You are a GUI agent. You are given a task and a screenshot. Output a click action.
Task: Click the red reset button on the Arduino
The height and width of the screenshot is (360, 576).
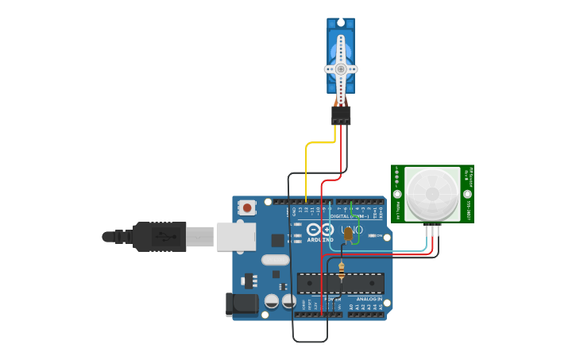click(247, 208)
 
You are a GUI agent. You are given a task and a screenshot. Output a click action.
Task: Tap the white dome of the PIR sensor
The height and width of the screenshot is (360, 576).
click(431, 194)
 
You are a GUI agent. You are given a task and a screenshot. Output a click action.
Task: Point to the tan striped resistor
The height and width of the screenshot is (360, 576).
click(342, 271)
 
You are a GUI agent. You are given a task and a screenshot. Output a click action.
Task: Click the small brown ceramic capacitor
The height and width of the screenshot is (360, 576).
click(348, 233)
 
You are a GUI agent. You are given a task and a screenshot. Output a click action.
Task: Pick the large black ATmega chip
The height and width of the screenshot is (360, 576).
click(340, 283)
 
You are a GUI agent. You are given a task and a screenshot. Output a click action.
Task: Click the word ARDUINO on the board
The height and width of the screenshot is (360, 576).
click(320, 239)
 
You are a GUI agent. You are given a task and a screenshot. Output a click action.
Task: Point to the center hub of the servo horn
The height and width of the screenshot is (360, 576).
click(341, 69)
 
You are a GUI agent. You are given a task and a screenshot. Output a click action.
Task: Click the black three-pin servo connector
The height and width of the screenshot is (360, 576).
click(341, 115)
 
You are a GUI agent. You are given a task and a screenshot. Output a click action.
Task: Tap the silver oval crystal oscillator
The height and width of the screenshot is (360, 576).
click(275, 260)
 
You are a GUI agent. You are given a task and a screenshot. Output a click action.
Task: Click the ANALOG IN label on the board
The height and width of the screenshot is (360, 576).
click(369, 299)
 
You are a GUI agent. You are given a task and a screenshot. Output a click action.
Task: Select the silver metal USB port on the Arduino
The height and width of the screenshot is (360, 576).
click(236, 236)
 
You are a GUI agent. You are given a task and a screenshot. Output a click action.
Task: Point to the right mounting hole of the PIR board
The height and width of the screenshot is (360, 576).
click(467, 194)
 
